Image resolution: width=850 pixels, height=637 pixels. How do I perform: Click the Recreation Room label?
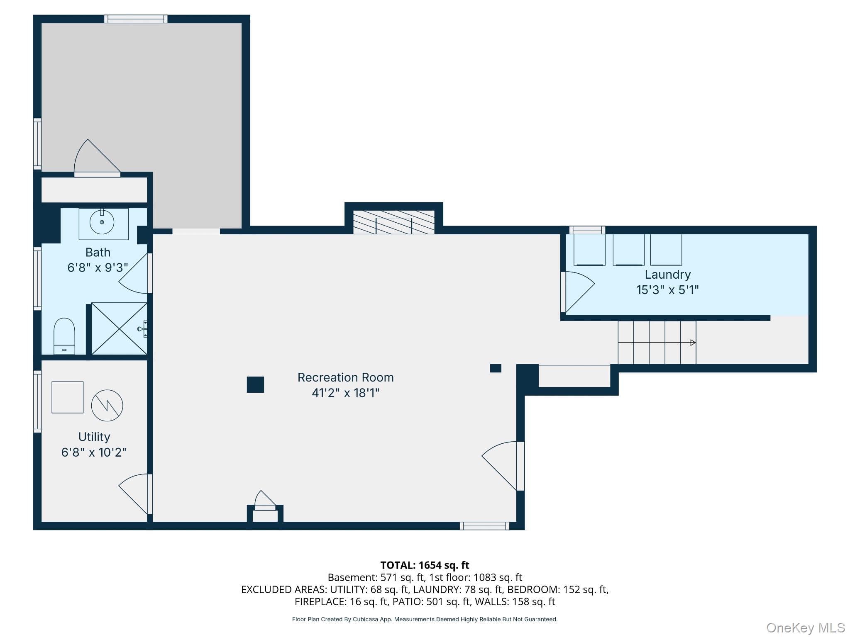(345, 377)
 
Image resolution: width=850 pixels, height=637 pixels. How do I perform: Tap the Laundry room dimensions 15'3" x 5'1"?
(667, 289)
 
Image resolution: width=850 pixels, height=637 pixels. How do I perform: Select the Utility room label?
(94, 437)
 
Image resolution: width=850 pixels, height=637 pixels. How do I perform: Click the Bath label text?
(98, 252)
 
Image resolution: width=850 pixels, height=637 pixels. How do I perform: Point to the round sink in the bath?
(102, 222)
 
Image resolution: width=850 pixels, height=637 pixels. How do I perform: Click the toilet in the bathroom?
(64, 336)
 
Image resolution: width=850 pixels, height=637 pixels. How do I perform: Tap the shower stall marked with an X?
(119, 328)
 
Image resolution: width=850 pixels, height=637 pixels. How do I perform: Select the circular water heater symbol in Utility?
(107, 406)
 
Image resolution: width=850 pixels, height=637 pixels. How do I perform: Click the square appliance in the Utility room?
(67, 397)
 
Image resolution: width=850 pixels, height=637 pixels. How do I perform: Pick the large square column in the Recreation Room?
(255, 384)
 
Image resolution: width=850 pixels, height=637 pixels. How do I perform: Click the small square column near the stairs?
(496, 368)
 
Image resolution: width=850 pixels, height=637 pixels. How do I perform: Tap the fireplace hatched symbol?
(393, 222)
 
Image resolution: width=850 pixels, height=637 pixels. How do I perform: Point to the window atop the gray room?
(136, 19)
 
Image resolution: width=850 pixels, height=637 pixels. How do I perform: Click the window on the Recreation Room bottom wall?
(484, 526)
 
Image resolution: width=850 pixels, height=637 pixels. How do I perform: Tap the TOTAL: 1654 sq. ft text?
(425, 565)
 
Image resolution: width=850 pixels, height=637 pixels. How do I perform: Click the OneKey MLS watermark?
(805, 628)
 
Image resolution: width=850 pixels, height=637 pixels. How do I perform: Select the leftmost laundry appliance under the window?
(589, 250)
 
